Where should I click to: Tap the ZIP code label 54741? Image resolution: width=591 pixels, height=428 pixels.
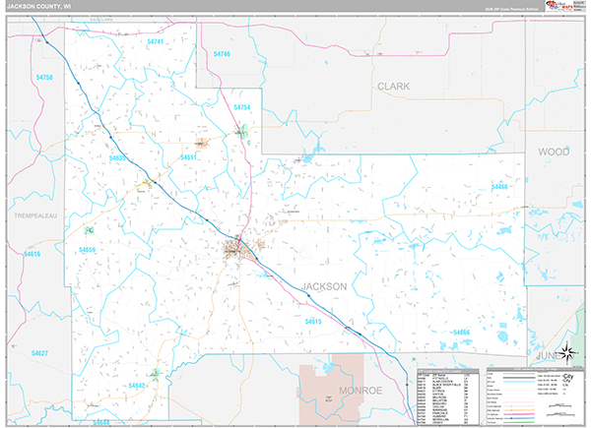point(156,43)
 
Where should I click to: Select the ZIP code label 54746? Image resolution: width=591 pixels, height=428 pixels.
point(221,53)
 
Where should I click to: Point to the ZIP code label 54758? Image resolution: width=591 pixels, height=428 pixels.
point(43,77)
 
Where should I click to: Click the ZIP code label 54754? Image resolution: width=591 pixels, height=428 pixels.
point(242,107)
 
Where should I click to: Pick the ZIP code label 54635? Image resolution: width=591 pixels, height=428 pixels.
point(119,157)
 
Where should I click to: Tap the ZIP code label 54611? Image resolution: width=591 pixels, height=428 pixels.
point(189,157)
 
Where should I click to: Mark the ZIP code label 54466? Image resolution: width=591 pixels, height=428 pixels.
point(500,186)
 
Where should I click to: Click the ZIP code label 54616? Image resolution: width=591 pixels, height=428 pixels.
point(32,255)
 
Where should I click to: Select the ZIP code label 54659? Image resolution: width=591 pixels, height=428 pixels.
point(88,250)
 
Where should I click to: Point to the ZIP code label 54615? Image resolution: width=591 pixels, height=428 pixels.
point(314,321)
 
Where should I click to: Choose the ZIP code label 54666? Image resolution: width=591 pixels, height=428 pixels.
point(461,333)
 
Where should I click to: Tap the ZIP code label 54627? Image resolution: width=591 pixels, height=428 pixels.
point(39,352)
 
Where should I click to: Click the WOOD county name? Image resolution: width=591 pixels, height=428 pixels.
point(554,152)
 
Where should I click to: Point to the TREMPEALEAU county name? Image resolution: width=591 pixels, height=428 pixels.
point(37,213)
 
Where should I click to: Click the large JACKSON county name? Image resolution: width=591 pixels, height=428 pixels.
point(323,286)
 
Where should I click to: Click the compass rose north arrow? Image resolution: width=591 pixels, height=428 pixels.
point(568,352)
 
